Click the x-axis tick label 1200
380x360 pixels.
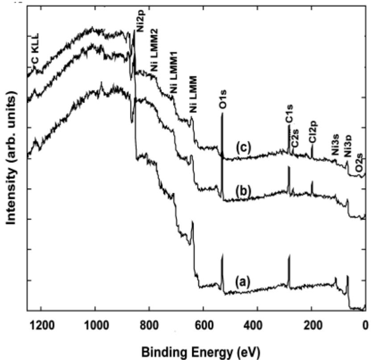click(x=41, y=325)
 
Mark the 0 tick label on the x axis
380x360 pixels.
click(x=365, y=325)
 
